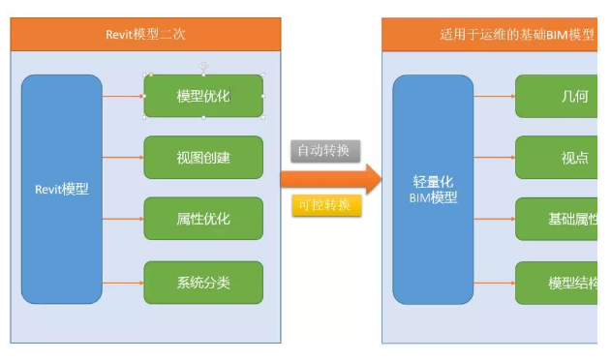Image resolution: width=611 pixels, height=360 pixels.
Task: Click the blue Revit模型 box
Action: pyautogui.click(x=61, y=189)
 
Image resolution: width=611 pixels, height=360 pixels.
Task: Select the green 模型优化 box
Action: pyautogui.click(x=203, y=96)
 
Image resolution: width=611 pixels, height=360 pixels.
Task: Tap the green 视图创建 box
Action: pyautogui.click(x=203, y=157)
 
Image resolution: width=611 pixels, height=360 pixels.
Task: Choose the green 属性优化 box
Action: pyautogui.click(x=203, y=219)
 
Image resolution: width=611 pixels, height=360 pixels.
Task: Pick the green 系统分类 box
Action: pyautogui.click(x=203, y=283)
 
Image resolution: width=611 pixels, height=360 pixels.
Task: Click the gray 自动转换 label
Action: pyautogui.click(x=325, y=151)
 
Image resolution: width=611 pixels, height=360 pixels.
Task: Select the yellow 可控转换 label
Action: pyautogui.click(x=325, y=205)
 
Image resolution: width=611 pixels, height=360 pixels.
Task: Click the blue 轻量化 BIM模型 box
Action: pyautogui.click(x=433, y=189)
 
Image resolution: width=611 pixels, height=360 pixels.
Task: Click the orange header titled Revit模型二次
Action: pyautogui.click(x=145, y=34)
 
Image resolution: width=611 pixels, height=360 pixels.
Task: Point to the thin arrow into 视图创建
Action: pyautogui.click(x=123, y=157)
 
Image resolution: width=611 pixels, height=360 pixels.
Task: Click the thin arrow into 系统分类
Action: pyautogui.click(x=123, y=283)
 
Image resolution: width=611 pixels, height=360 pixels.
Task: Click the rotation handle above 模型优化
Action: pyautogui.click(x=203, y=65)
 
